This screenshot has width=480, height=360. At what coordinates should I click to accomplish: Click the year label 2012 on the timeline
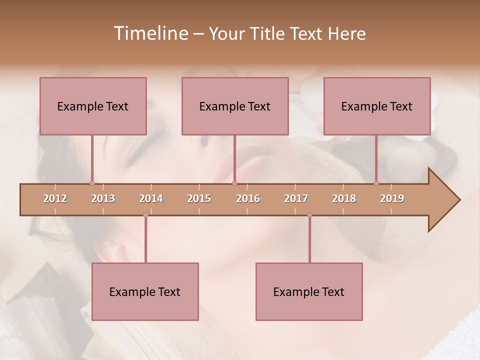pyautogui.click(x=55, y=198)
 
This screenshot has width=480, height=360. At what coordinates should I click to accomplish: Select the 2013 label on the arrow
pyautogui.click(x=103, y=198)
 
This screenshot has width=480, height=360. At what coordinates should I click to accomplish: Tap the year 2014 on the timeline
pyautogui.click(x=151, y=198)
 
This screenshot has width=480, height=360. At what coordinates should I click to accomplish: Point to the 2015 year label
pyautogui.click(x=199, y=198)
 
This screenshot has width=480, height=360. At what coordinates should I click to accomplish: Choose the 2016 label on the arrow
pyautogui.click(x=248, y=198)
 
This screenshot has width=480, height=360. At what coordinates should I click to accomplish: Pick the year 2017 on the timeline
pyautogui.click(x=296, y=198)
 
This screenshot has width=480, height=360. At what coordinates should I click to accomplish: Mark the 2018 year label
pyautogui.click(x=344, y=198)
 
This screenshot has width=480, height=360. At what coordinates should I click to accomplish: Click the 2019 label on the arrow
pyautogui.click(x=392, y=198)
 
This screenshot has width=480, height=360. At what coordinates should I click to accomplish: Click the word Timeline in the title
pyautogui.click(x=150, y=33)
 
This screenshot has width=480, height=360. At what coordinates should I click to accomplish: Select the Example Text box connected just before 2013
pyautogui.click(x=93, y=106)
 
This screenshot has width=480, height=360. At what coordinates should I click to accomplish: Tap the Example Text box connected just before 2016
pyautogui.click(x=235, y=106)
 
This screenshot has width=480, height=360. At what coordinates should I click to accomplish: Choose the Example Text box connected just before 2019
pyautogui.click(x=377, y=106)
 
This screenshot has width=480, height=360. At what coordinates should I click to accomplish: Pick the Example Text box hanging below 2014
pyautogui.click(x=145, y=291)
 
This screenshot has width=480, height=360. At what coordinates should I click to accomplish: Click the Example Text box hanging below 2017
pyautogui.click(x=309, y=291)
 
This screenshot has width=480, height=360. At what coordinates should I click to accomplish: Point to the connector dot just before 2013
pyautogui.click(x=92, y=183)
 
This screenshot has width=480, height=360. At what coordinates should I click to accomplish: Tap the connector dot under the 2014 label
pyautogui.click(x=145, y=215)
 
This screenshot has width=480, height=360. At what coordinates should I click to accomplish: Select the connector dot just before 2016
pyautogui.click(x=235, y=183)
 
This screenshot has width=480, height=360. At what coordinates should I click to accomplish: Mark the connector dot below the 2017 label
pyautogui.click(x=309, y=215)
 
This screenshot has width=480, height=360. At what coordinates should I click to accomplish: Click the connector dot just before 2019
pyautogui.click(x=376, y=183)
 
